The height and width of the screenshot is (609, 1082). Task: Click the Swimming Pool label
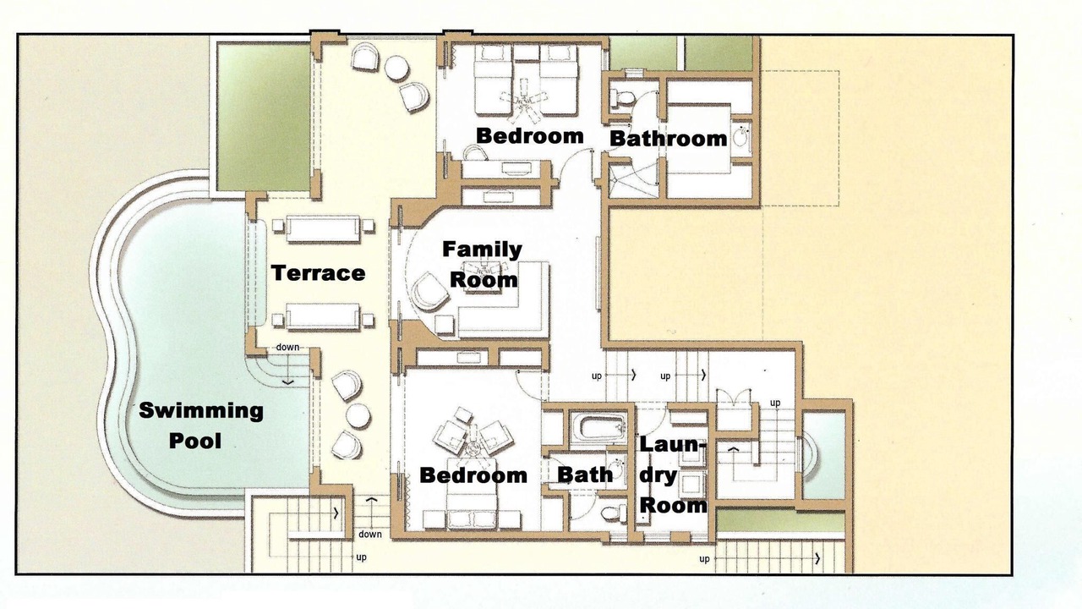[x=201, y=425]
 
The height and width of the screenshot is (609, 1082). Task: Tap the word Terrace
[x=318, y=273]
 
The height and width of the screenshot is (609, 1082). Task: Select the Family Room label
[x=483, y=265]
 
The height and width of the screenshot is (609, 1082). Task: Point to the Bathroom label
[x=668, y=138]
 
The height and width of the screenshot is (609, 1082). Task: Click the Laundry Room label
[x=673, y=475]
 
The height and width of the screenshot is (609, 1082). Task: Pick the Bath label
[x=585, y=475]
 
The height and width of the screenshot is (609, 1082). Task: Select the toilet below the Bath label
[x=614, y=513]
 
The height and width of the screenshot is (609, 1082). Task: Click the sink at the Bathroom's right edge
[x=740, y=136]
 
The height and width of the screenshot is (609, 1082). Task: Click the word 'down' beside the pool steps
[x=287, y=347]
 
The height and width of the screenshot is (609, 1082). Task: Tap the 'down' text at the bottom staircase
[x=370, y=534]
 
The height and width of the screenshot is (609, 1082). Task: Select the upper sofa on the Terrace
[x=323, y=229]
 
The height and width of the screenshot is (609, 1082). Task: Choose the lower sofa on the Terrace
[x=323, y=317]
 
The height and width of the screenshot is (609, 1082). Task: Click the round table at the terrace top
[x=397, y=68]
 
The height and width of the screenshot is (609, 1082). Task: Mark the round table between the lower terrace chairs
[x=358, y=415]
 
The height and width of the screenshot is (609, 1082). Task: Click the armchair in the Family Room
[x=429, y=293]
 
